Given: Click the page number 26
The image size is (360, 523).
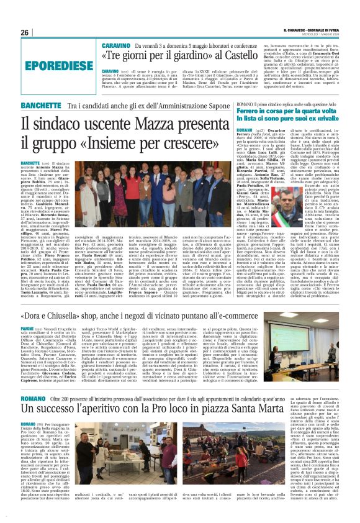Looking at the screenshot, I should pyautogui.click(x=25, y=32).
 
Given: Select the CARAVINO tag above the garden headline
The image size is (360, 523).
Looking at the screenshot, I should pyautogui.click(x=115, y=46).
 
